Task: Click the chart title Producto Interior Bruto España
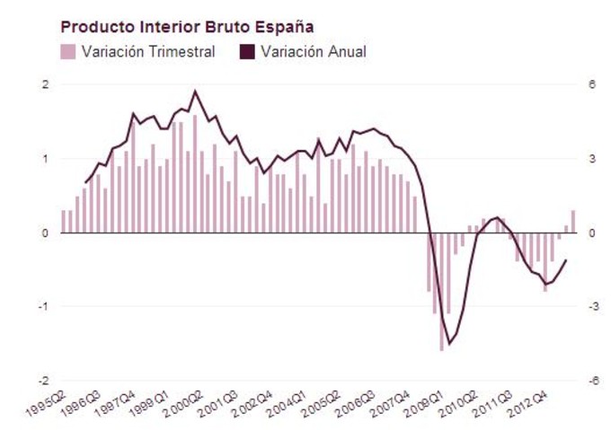[187, 27]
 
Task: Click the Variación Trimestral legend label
[148, 52]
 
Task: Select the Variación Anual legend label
[313, 52]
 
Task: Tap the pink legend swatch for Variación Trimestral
[68, 52]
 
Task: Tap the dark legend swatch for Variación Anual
[245, 52]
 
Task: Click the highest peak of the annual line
[196, 91]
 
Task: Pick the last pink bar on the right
[572, 222]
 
